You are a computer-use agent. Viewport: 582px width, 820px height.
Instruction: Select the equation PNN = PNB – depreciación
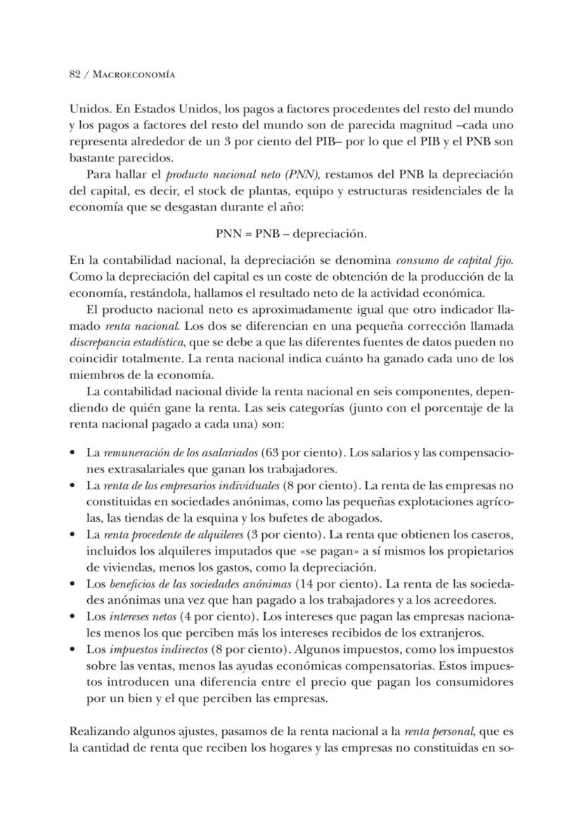(290, 233)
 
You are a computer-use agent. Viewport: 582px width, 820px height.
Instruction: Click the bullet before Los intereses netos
(74, 616)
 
